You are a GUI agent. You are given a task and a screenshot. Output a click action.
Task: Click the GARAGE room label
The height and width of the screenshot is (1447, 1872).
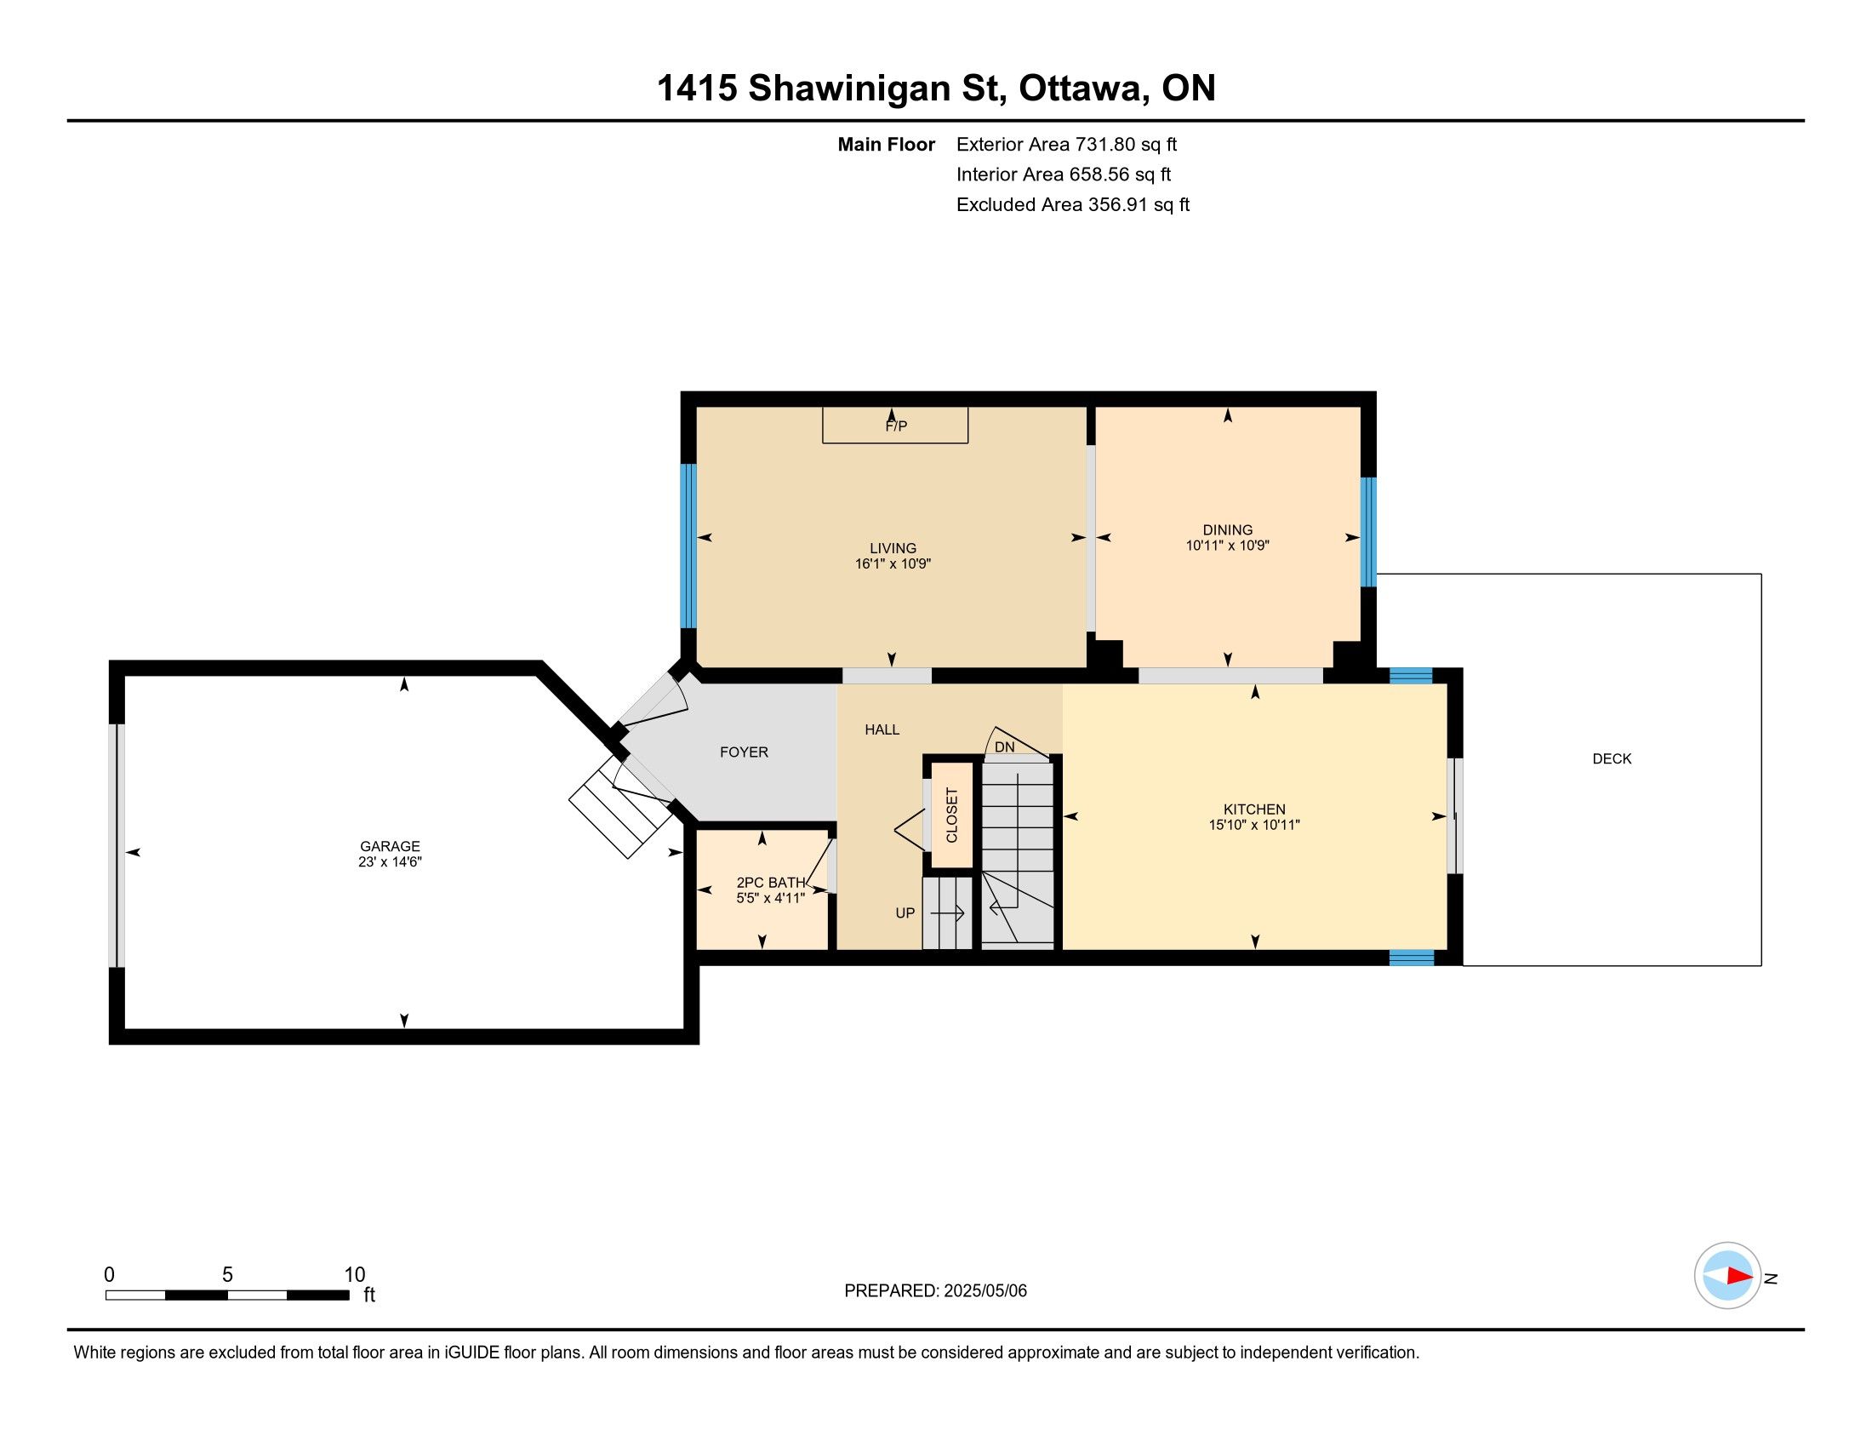[x=390, y=846]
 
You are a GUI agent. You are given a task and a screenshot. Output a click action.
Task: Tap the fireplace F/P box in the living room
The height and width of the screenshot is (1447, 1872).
[x=895, y=426]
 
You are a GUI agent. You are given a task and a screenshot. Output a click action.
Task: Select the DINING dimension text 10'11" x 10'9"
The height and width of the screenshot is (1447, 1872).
[x=1227, y=546]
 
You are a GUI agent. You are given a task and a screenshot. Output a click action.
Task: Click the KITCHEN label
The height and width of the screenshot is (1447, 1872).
[x=1254, y=809]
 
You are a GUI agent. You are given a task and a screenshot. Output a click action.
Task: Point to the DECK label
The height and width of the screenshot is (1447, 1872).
[x=1612, y=758]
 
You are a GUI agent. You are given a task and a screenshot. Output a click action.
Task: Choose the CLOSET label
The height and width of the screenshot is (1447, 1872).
[x=951, y=815]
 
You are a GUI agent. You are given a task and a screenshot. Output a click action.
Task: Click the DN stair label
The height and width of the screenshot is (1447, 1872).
[x=1005, y=747]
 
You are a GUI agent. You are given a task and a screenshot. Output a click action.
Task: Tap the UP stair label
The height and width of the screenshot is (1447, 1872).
[x=905, y=913]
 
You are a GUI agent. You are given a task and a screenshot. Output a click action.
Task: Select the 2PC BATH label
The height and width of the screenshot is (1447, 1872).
[x=771, y=882]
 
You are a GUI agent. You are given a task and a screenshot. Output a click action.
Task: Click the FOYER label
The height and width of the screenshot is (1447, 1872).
[x=744, y=752]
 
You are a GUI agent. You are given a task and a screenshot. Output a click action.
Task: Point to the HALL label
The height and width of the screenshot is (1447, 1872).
[x=882, y=729]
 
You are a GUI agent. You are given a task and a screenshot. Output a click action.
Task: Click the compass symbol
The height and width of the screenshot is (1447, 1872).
[x=1727, y=1276]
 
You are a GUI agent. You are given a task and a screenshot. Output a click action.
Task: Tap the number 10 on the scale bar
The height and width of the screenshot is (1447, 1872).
[x=355, y=1275]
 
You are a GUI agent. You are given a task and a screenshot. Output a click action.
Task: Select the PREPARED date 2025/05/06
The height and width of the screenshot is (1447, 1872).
[x=985, y=1291]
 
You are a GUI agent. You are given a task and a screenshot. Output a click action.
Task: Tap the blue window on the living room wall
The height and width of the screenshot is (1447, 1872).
[x=688, y=546]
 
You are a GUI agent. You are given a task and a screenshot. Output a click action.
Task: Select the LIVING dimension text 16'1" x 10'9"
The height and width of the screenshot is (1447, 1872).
[x=893, y=564]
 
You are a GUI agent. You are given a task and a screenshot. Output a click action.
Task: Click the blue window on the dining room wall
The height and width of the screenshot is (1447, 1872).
[x=1369, y=531]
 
